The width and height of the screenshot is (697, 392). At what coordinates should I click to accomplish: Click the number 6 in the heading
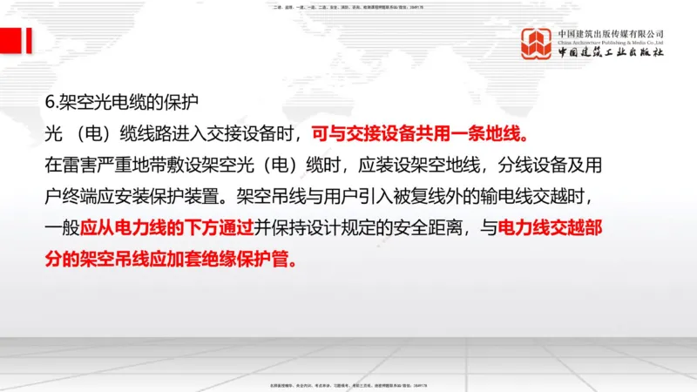(49, 100)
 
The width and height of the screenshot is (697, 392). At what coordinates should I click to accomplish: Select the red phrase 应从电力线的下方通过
(168, 229)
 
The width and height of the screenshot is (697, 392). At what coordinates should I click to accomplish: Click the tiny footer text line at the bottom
(348, 384)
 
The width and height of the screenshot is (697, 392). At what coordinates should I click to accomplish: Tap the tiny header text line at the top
(348, 8)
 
